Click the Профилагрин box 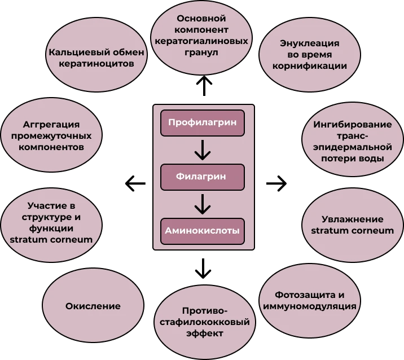click(x=203, y=122)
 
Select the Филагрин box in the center click(x=203, y=176)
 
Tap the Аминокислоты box click(x=203, y=230)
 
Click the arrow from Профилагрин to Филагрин click(x=203, y=149)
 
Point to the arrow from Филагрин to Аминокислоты click(x=203, y=203)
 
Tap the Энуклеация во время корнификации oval click(x=309, y=54)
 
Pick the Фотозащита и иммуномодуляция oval click(x=309, y=301)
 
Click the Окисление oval click(x=93, y=306)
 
